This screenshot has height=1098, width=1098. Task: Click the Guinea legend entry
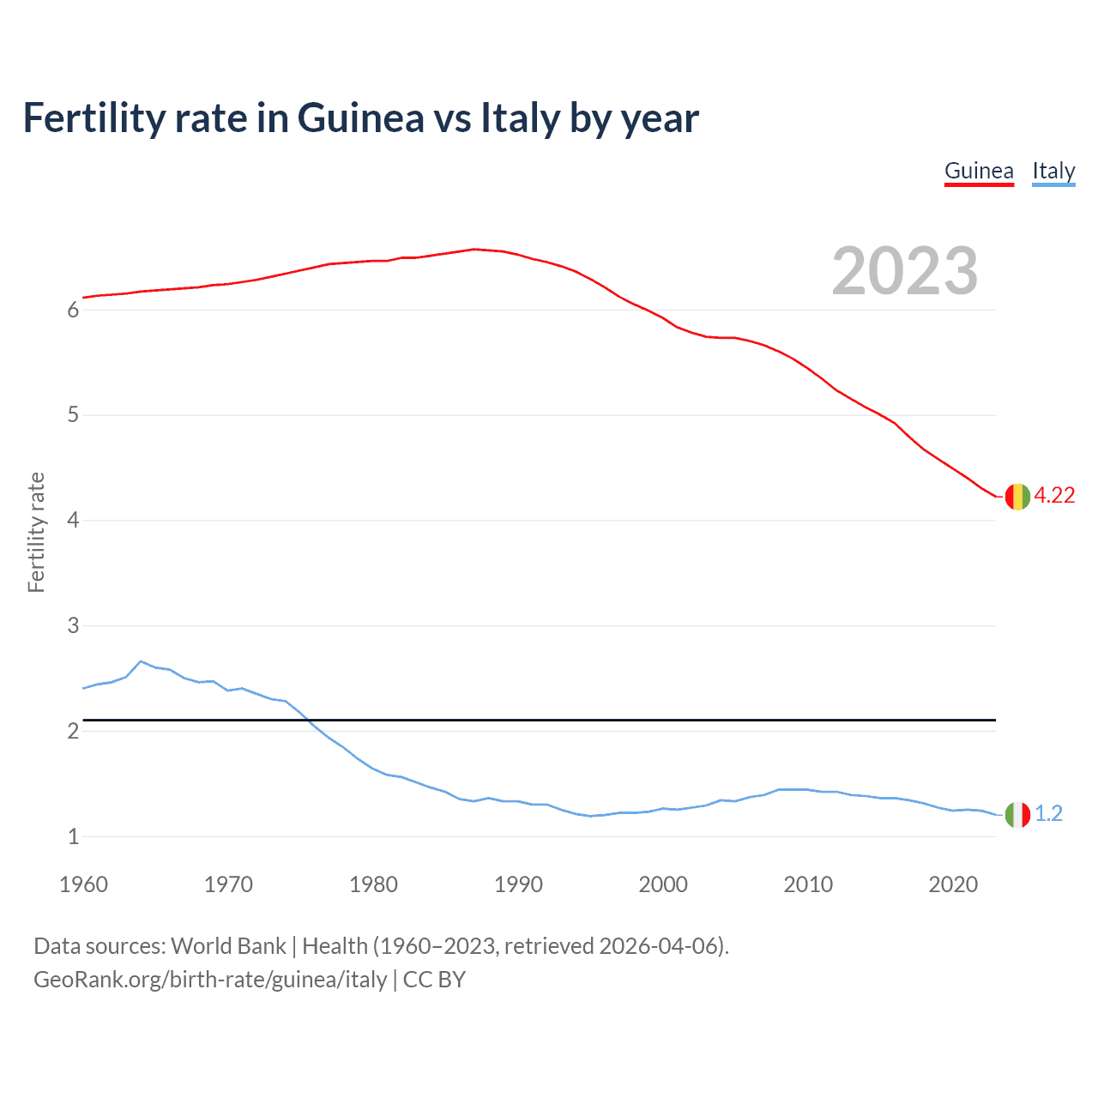click(x=979, y=171)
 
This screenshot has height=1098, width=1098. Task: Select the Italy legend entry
click(x=1053, y=171)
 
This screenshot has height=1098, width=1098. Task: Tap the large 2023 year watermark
click(x=905, y=271)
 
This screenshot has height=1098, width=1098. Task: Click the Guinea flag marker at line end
click(x=1017, y=496)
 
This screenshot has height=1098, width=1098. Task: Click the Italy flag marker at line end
click(x=1017, y=813)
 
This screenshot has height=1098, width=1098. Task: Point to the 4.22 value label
click(x=1054, y=496)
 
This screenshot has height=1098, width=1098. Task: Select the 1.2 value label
click(x=1048, y=813)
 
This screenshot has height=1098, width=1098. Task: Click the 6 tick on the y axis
click(x=73, y=310)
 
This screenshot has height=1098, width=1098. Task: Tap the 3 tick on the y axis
click(x=73, y=626)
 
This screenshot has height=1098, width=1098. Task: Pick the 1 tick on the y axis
click(x=73, y=836)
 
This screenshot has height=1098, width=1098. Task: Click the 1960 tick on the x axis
click(x=83, y=884)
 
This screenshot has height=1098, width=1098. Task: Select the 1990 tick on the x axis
click(x=518, y=884)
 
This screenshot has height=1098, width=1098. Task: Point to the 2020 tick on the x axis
click(x=953, y=884)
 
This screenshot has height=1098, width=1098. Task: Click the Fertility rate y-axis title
click(x=36, y=532)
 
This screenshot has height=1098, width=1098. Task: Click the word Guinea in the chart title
click(x=360, y=118)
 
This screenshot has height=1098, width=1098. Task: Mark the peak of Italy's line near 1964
click(x=141, y=661)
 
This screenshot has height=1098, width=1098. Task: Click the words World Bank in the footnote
click(x=228, y=946)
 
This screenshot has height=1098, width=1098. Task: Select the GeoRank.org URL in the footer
click(x=210, y=980)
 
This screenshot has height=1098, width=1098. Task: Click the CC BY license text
click(x=434, y=980)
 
